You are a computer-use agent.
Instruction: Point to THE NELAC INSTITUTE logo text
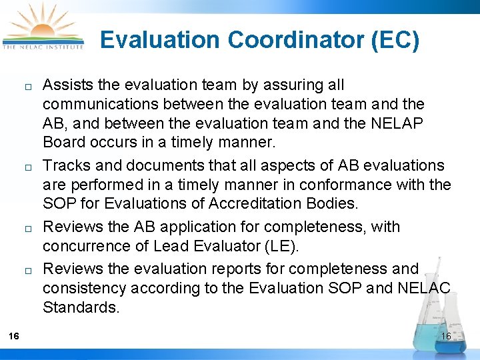pos(44,47)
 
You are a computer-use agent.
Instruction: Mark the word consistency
pos(85,288)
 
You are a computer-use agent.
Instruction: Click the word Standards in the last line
pos(79,308)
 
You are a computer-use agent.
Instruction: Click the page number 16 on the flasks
pos(446,336)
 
